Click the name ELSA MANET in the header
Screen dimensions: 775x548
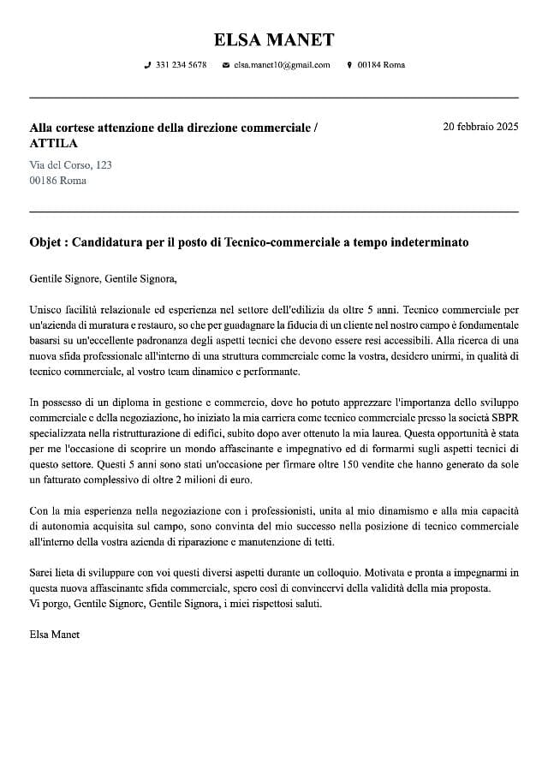coord(274,39)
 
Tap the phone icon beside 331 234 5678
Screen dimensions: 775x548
coord(147,65)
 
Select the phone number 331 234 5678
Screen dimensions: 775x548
coord(182,65)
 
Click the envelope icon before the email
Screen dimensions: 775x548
coord(225,65)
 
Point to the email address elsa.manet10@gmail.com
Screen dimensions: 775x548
coord(282,65)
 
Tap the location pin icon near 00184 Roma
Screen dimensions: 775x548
coord(349,65)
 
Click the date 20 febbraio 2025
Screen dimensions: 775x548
coord(480,127)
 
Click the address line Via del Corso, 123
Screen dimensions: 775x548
coord(70,164)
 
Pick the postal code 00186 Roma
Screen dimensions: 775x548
coord(57,181)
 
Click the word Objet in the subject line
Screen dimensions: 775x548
coord(46,242)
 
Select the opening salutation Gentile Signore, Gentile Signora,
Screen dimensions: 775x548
coord(103,278)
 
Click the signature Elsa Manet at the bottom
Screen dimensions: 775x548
coord(54,635)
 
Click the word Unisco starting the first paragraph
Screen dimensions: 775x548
coord(46,309)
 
